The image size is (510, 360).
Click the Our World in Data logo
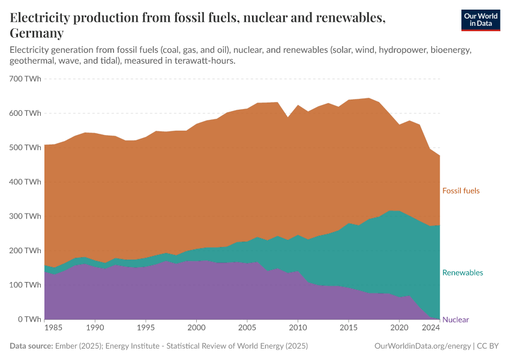(x=480, y=20)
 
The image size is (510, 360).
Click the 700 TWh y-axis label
(x=25, y=79)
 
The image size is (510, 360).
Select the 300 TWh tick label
(x=25, y=216)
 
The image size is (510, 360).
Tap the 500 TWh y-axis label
(x=25, y=148)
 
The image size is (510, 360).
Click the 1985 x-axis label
(x=53, y=329)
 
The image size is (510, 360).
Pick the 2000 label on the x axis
(x=196, y=329)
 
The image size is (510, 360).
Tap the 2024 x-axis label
(x=430, y=329)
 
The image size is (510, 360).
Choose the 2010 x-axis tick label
(x=298, y=329)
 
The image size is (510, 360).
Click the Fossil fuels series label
(x=461, y=191)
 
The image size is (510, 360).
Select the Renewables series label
(x=462, y=272)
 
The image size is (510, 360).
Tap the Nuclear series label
(x=455, y=320)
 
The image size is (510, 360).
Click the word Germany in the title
(x=37, y=32)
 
